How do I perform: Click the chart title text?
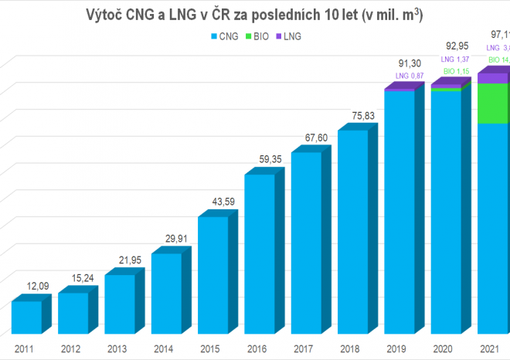point(254,14)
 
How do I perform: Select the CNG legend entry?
point(224,36)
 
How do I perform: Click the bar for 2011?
point(26,318)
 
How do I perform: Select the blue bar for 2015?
point(212,276)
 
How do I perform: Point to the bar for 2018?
point(352,232)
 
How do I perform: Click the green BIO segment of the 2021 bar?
point(492,104)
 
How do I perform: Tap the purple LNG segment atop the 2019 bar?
point(399,90)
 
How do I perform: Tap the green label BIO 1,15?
point(455,70)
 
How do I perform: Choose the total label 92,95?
point(455,47)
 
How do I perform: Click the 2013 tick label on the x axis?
point(116,348)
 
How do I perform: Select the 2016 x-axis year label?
point(256,348)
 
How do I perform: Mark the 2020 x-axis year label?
point(442,348)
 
